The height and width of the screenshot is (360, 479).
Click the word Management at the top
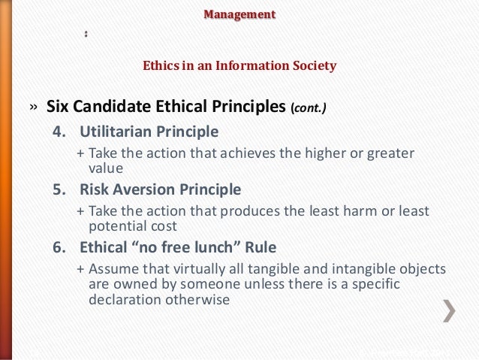point(240,14)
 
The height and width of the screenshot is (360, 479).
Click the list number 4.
point(58,133)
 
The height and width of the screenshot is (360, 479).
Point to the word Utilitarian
point(116,133)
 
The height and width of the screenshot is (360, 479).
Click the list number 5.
point(58,189)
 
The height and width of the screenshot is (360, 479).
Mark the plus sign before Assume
point(81,268)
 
